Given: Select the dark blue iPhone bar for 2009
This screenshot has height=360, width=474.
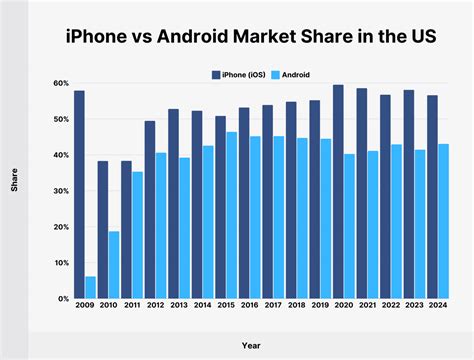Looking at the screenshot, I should point(79,194).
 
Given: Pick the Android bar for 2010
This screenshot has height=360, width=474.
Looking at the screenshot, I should point(115,265).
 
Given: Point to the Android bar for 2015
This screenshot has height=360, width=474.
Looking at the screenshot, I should point(232,215).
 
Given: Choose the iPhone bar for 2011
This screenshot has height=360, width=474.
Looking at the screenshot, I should point(127,230).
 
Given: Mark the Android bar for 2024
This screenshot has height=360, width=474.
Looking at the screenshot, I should point(444,221).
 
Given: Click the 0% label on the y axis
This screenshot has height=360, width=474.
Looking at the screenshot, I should point(62,299).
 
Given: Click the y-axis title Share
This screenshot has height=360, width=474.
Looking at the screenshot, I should point(14,191).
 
